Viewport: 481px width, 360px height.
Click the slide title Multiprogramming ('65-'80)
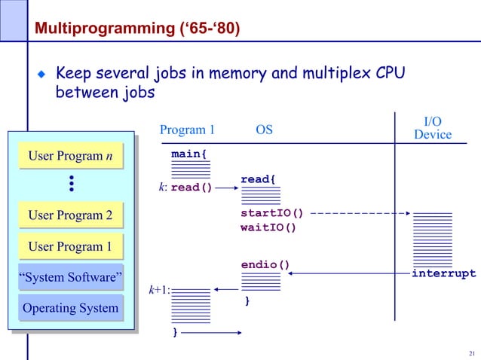134,29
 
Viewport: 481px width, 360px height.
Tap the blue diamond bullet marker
43,75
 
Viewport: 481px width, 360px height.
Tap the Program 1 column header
187,130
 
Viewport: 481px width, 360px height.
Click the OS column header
264,130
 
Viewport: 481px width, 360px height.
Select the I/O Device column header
433,128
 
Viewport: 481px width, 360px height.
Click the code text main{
190,154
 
